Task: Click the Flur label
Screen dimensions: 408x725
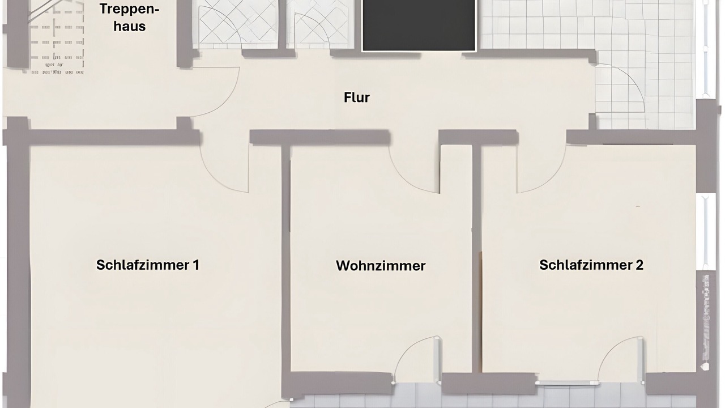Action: click(x=357, y=97)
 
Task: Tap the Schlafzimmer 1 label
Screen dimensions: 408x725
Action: click(x=147, y=265)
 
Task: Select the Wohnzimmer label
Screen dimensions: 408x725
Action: click(x=381, y=265)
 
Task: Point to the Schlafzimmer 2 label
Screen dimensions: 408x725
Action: click(x=591, y=265)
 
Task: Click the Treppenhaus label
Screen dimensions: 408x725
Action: click(x=130, y=18)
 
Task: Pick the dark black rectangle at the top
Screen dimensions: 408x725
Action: click(x=419, y=25)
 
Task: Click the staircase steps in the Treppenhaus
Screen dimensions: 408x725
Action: click(x=57, y=40)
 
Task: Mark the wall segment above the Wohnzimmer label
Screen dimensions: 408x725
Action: click(x=320, y=138)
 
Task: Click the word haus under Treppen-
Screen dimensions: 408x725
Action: click(x=130, y=26)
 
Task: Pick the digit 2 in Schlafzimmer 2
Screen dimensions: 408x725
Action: click(x=639, y=265)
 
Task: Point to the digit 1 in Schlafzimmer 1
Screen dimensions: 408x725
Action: click(x=196, y=265)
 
